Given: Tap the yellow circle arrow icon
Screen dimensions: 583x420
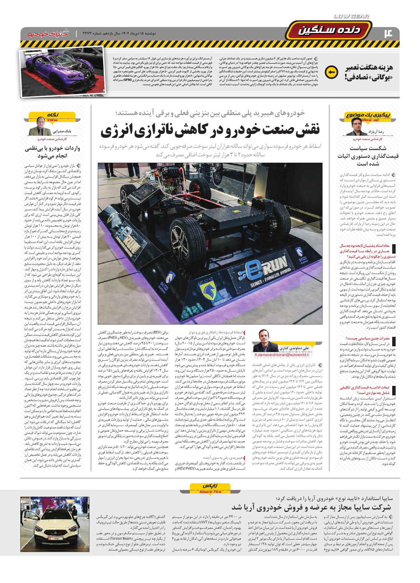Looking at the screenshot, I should pos(331,72).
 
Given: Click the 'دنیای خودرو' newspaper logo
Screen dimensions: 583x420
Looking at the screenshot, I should pos(49,33).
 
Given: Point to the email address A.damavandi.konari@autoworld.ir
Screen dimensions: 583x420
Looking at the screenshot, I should pos(282,355).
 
